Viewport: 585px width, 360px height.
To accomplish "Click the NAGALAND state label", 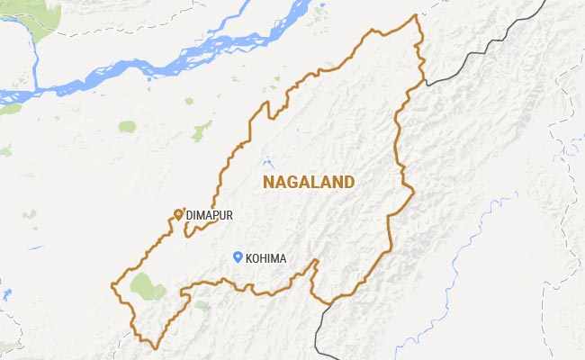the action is coord(308,182).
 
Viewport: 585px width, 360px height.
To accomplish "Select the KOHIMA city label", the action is coord(265,259).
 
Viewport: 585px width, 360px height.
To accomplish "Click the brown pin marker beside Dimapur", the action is coord(178,213).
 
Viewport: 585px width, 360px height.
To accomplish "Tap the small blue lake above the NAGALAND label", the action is coord(266,164).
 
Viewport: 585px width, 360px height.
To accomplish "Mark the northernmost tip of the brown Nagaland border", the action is coord(416,15).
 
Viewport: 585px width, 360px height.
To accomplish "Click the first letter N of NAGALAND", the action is coord(267,182).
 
